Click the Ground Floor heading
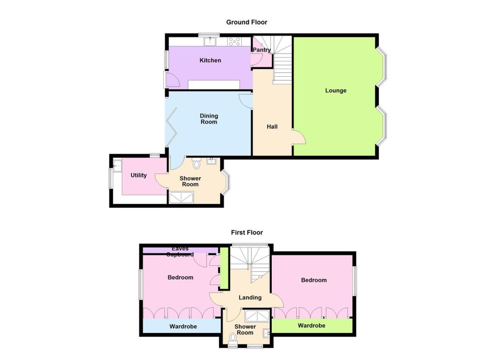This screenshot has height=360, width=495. pos(247,22)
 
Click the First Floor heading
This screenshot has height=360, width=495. pos(247,232)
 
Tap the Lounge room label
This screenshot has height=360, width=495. pos(335,90)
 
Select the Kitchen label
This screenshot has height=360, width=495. pos(210,60)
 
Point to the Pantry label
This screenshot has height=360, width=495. pos(262,50)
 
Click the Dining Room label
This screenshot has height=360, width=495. pos(209,119)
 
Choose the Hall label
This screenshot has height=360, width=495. pos(272,127)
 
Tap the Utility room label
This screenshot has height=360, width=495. pos(139,175)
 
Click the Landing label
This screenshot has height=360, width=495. pos(250,298)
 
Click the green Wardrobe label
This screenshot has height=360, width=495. pos(311,326)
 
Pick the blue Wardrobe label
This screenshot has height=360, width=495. pos(183,327)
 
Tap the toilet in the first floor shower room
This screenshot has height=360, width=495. pos(233,344)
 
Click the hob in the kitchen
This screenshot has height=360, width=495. pos(234,42)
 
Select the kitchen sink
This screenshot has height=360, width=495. pos(211,42)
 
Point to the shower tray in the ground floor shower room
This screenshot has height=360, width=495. pos(181,197)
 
